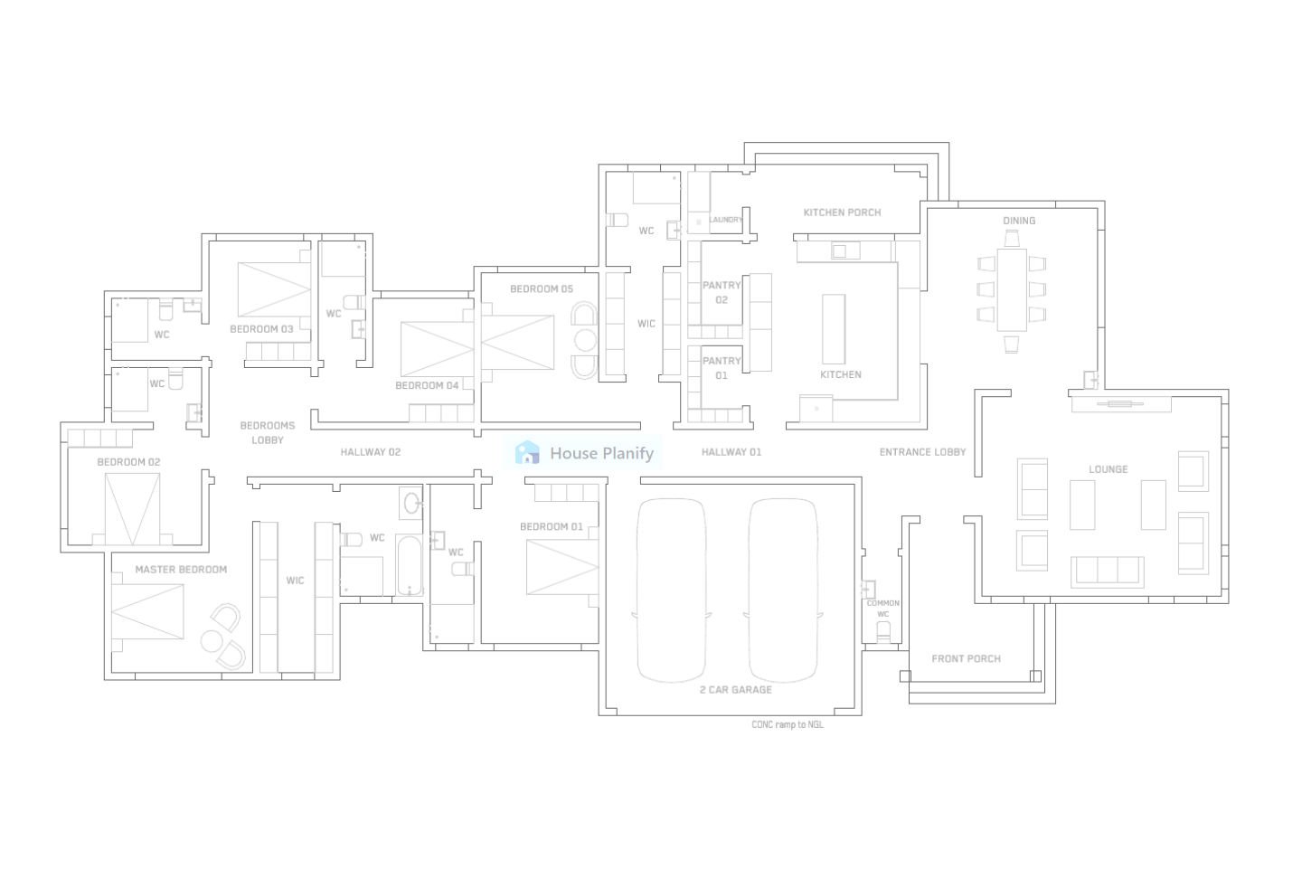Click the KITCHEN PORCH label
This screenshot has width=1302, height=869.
(842, 213)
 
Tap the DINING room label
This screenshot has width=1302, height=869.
(1019, 221)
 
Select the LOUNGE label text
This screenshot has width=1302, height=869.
(1108, 469)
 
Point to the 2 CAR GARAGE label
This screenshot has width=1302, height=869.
(736, 690)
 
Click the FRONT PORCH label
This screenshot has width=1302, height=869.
(966, 658)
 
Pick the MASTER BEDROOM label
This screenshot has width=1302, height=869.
(181, 570)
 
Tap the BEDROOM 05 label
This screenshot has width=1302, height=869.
(541, 289)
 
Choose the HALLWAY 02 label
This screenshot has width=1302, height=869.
(370, 452)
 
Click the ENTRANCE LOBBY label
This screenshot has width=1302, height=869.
(922, 452)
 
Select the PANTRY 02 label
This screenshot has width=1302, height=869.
(722, 292)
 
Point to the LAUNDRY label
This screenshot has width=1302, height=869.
(726, 220)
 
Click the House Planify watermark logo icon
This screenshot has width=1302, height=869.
(527, 453)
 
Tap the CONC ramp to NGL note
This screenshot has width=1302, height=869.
(788, 724)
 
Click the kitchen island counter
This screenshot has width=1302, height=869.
(833, 328)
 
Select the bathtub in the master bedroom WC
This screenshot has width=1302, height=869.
(410, 565)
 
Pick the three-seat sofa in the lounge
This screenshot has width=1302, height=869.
(1107, 571)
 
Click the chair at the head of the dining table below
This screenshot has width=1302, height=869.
(1011, 344)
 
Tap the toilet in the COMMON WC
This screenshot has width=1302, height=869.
(883, 630)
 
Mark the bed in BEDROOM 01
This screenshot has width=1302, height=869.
(561, 567)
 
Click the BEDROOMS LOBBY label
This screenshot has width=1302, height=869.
(267, 432)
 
